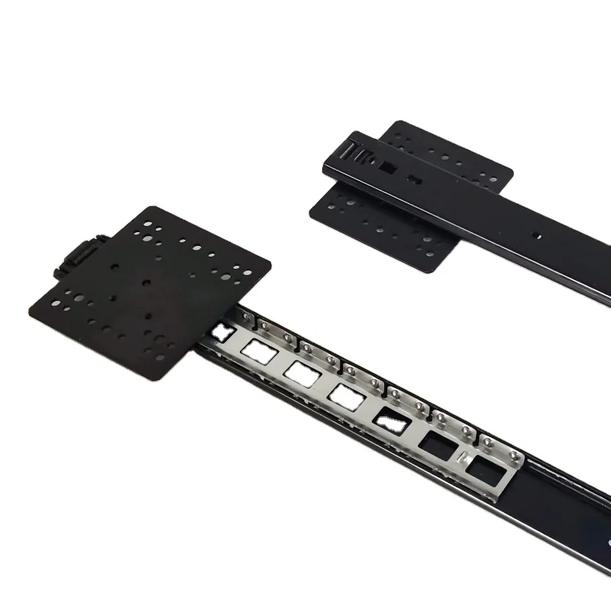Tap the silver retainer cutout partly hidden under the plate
223,331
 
